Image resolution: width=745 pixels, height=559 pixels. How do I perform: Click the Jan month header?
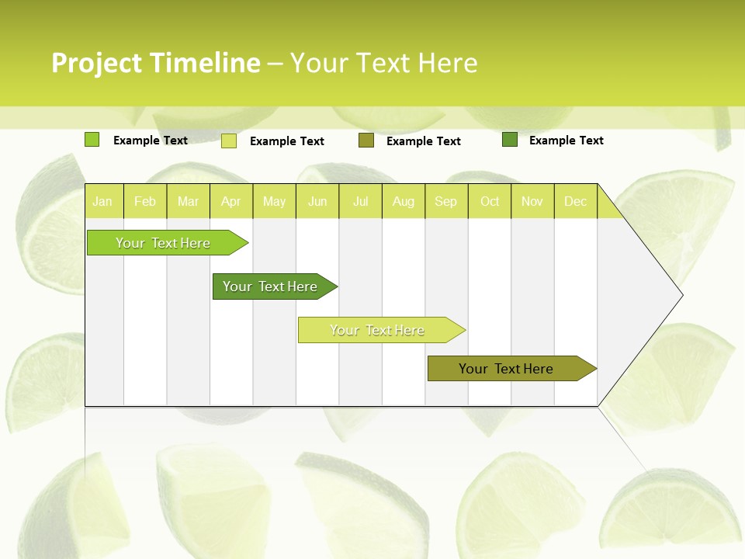(103, 201)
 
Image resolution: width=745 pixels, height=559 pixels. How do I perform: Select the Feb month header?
(145, 201)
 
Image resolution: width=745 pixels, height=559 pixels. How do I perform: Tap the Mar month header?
(188, 201)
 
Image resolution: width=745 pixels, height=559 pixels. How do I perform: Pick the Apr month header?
(231, 201)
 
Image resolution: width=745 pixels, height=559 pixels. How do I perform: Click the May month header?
(274, 201)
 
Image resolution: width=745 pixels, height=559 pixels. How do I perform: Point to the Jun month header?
(317, 201)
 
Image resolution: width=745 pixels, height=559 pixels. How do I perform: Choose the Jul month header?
(360, 201)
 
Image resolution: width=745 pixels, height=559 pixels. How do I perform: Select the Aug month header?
(404, 201)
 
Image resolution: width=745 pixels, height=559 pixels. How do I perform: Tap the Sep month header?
(446, 201)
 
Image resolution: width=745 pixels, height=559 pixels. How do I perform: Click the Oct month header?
(490, 201)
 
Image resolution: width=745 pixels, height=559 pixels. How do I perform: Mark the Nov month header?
(532, 201)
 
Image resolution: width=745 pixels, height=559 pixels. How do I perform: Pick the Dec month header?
(576, 201)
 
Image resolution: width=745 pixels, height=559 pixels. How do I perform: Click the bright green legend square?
(92, 140)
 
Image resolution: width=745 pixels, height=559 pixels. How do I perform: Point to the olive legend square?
(366, 141)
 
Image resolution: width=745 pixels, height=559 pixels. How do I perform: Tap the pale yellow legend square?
(229, 141)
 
